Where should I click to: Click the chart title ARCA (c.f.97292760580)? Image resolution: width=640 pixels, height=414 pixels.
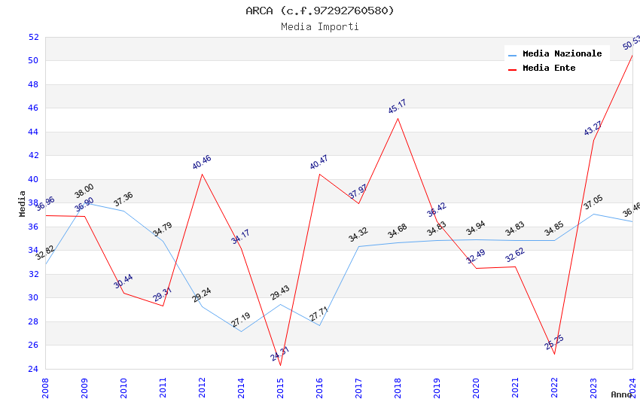tap(320, 11)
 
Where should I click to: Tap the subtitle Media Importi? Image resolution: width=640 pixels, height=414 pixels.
tap(320, 27)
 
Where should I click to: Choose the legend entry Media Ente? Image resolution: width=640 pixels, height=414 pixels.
tap(549, 68)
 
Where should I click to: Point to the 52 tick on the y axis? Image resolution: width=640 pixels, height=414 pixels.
tap(33, 37)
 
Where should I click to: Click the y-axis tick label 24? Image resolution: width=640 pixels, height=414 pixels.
tap(33, 369)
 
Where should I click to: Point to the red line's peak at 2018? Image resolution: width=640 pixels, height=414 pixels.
tap(398, 118)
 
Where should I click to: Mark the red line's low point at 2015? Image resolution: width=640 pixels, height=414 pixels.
tap(280, 365)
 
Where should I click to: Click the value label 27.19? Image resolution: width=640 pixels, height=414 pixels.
tap(241, 320)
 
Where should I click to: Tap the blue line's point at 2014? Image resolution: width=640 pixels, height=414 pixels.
tap(241, 331)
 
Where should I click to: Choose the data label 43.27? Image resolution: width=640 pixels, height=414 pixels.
tap(593, 129)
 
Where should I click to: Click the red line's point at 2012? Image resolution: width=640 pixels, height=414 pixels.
tap(202, 174)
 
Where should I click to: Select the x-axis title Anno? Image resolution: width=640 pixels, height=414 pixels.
tap(621, 394)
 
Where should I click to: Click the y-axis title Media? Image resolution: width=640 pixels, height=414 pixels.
tap(23, 203)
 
